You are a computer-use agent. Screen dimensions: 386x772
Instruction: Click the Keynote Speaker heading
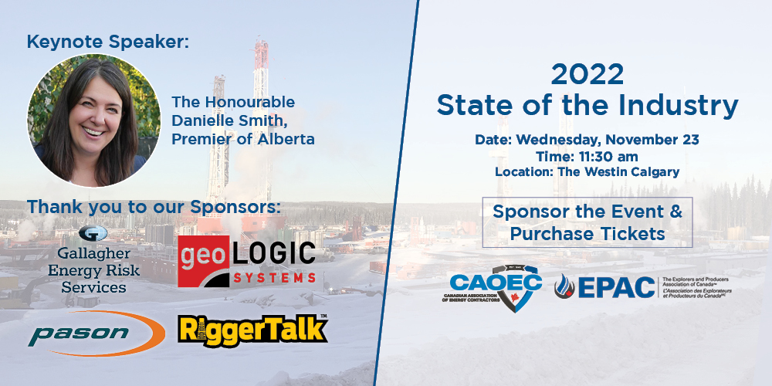coord(107,42)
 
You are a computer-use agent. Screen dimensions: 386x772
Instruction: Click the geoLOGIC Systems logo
coord(247,262)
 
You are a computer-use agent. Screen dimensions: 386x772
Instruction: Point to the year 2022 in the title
coord(587,75)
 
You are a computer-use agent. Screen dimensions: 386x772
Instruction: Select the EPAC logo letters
coord(615,287)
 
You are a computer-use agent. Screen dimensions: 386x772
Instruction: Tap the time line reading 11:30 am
coord(587,156)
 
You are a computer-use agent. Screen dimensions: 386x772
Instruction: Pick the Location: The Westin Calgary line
coord(587,171)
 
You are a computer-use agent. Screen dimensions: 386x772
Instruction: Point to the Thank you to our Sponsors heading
coord(154,207)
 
